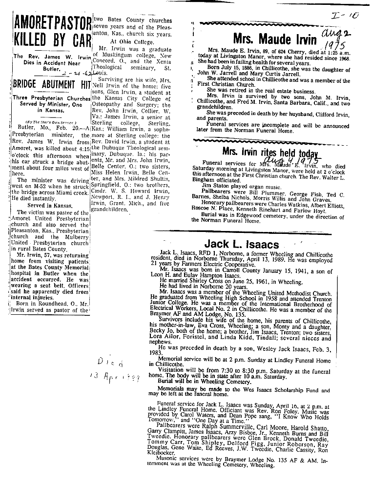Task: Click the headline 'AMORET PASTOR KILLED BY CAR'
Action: coord(52,32)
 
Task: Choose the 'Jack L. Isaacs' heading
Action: coord(242,244)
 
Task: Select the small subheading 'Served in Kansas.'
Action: coord(51,206)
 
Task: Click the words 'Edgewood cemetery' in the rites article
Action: coord(262,213)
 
